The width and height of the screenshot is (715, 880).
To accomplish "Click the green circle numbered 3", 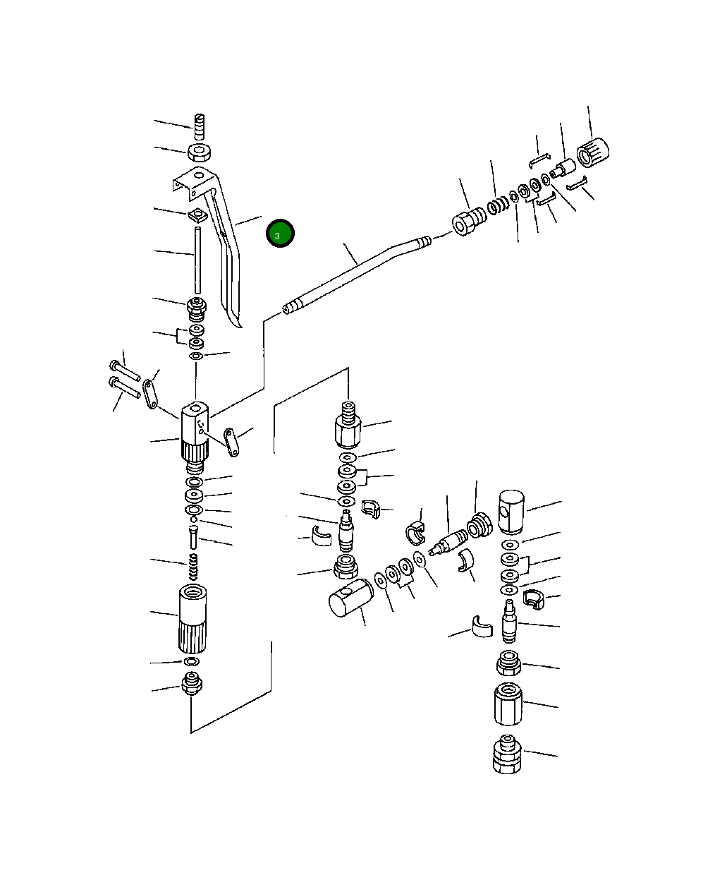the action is [280, 234].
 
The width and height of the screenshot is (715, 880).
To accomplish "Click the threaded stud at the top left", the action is [200, 127].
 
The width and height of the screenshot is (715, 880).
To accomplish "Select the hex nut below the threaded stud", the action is [200, 152].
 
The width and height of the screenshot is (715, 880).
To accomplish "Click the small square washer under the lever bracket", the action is [197, 215].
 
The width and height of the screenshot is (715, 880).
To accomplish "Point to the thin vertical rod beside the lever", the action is [197, 260].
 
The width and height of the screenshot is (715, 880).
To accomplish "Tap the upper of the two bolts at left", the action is [125, 370].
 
